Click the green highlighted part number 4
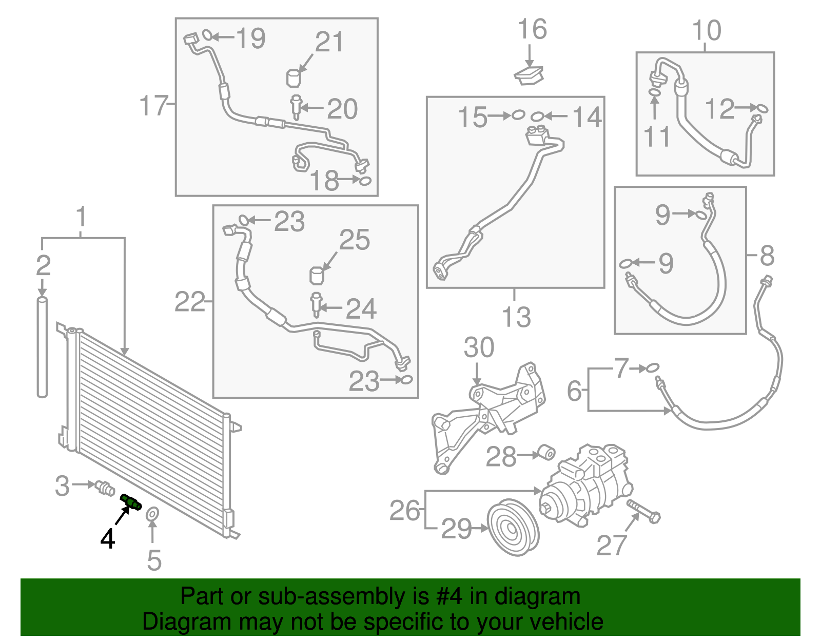131,501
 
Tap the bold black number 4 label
108,539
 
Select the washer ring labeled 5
152,514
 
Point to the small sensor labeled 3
105,488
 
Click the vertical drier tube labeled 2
42,347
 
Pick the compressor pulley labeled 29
513,527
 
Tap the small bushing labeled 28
547,453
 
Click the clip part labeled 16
529,75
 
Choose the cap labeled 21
294,78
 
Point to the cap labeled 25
317,276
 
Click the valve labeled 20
296,107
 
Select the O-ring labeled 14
537,116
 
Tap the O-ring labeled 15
518,115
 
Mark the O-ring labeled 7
653,367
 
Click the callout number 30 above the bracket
479,347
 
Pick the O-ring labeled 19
207,35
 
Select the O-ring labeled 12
761,109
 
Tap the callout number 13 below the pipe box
516,317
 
